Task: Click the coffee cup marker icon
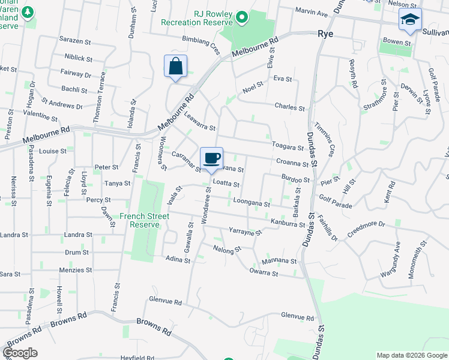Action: pos(211,158)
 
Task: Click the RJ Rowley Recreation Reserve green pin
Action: pos(241,17)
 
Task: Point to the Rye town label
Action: pos(325,34)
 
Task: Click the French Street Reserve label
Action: pos(140,220)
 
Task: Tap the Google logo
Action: pos(20,353)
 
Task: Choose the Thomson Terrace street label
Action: pos(99,99)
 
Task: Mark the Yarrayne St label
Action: pos(245,231)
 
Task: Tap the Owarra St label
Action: pos(264,274)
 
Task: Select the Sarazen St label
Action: pos(74,43)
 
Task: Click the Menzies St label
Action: pos(76,271)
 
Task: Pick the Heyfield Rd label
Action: pos(136,357)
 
